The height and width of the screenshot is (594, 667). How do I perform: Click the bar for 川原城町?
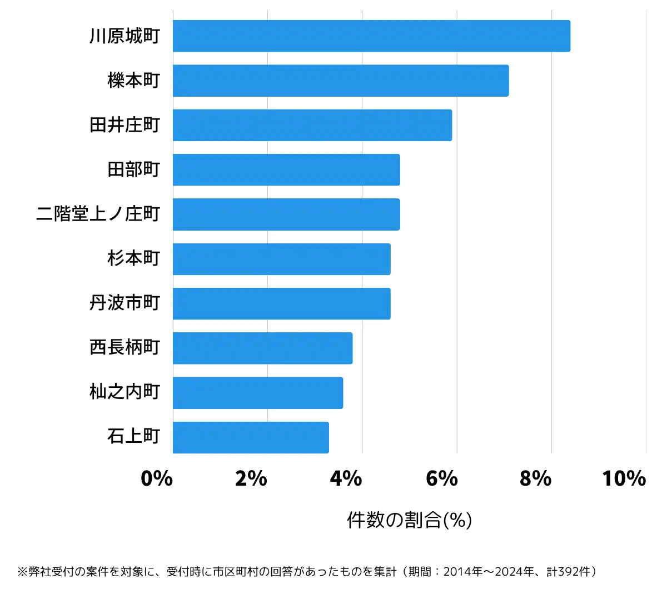(x=371, y=36)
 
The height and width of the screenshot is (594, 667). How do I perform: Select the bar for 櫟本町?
(x=341, y=81)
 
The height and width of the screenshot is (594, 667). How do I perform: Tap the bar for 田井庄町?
(x=312, y=125)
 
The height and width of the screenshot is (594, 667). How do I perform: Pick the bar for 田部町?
(x=286, y=169)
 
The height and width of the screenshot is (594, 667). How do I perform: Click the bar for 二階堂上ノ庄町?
(x=286, y=214)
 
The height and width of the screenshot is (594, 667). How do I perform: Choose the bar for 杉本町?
(x=281, y=259)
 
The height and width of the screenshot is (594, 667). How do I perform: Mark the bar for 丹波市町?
(x=281, y=303)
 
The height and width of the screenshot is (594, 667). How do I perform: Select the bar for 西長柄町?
(x=262, y=348)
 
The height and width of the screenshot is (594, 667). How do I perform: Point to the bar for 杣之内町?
(x=257, y=392)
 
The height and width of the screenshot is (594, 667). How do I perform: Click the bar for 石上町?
(x=251, y=437)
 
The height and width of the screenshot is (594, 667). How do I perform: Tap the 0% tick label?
(x=157, y=478)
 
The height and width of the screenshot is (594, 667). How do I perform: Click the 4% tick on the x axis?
(x=346, y=478)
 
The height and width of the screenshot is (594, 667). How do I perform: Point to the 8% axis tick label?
(x=535, y=478)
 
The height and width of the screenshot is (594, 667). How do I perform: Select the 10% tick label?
(x=624, y=478)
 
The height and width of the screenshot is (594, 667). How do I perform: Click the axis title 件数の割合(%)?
(x=409, y=520)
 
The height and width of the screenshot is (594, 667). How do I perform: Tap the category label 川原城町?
(x=125, y=36)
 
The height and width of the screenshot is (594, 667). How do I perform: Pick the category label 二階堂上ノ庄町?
(x=98, y=214)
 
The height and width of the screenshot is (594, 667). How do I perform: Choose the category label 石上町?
(x=134, y=437)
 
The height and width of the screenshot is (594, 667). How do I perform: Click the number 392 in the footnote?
(x=568, y=572)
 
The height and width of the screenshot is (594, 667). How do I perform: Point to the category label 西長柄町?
(x=125, y=348)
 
